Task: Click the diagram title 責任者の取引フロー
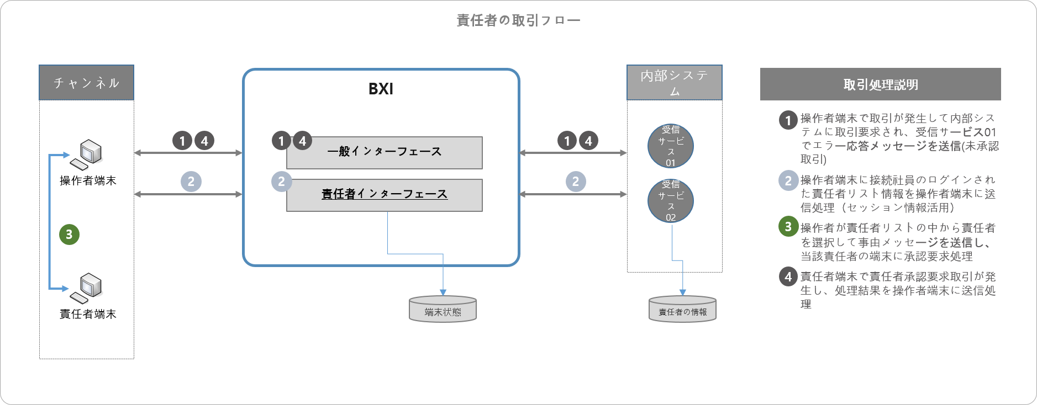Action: point(518,20)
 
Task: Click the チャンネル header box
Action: point(87,83)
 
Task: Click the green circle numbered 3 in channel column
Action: point(69,234)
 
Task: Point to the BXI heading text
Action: point(381,89)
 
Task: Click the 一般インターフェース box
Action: point(385,152)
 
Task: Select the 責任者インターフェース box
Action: point(385,195)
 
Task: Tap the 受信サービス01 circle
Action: point(670,146)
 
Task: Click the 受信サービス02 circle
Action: point(670,201)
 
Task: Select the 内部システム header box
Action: point(674,83)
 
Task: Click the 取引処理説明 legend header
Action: point(880,84)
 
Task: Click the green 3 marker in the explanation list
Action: point(788,226)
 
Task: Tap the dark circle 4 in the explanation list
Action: point(788,276)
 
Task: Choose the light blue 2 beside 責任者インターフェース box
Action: point(281,182)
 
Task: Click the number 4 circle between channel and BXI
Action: point(204,141)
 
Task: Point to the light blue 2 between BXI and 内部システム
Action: point(575,182)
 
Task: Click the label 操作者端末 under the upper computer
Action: point(88,180)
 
